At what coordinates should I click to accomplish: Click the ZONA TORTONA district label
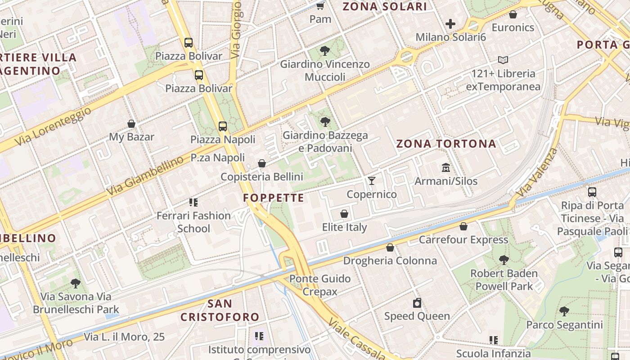pos(446,144)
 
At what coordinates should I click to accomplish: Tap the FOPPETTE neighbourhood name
pos(274,198)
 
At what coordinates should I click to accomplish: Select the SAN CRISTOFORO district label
pos(220,310)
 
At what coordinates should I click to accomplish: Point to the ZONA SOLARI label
pos(385,7)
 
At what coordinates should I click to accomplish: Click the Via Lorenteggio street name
pos(53,126)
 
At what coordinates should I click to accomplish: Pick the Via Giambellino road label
pos(145,176)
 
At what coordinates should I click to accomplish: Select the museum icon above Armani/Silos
pos(446,167)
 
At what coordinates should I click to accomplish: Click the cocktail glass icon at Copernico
pos(372,180)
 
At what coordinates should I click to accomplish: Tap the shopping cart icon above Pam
pos(320,6)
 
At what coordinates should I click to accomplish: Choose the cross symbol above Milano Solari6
pos(450,24)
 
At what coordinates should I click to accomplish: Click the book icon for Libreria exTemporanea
pos(503,60)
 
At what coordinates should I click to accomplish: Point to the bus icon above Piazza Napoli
pos(223,126)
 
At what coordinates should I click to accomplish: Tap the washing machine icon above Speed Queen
pos(417,303)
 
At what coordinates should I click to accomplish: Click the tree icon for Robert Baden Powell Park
pos(504,260)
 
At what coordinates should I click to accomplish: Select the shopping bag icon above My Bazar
pos(131,123)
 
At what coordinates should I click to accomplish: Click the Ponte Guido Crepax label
pos(319,285)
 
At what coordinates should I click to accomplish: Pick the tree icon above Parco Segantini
pos(564,311)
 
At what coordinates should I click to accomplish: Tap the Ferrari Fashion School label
pos(193,222)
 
